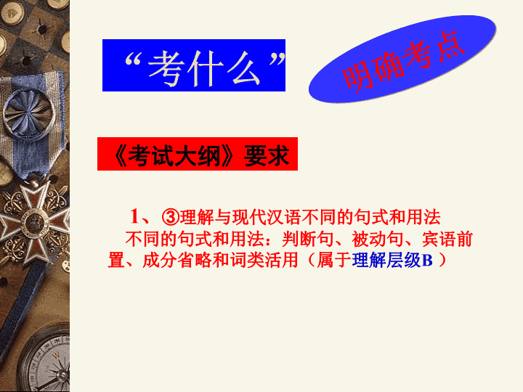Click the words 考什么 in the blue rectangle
(204, 69)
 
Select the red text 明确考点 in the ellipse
(403, 62)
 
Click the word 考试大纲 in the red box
(174, 155)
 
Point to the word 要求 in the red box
(267, 155)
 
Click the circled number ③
(171, 217)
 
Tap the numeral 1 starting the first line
(134, 216)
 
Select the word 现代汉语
(267, 217)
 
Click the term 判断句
(308, 239)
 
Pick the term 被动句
(378, 239)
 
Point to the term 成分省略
(177, 260)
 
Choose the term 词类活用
(264, 260)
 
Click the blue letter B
(427, 261)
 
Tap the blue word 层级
(405, 260)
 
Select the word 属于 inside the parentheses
(334, 260)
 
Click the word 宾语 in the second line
(439, 239)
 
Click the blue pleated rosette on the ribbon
(29, 113)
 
